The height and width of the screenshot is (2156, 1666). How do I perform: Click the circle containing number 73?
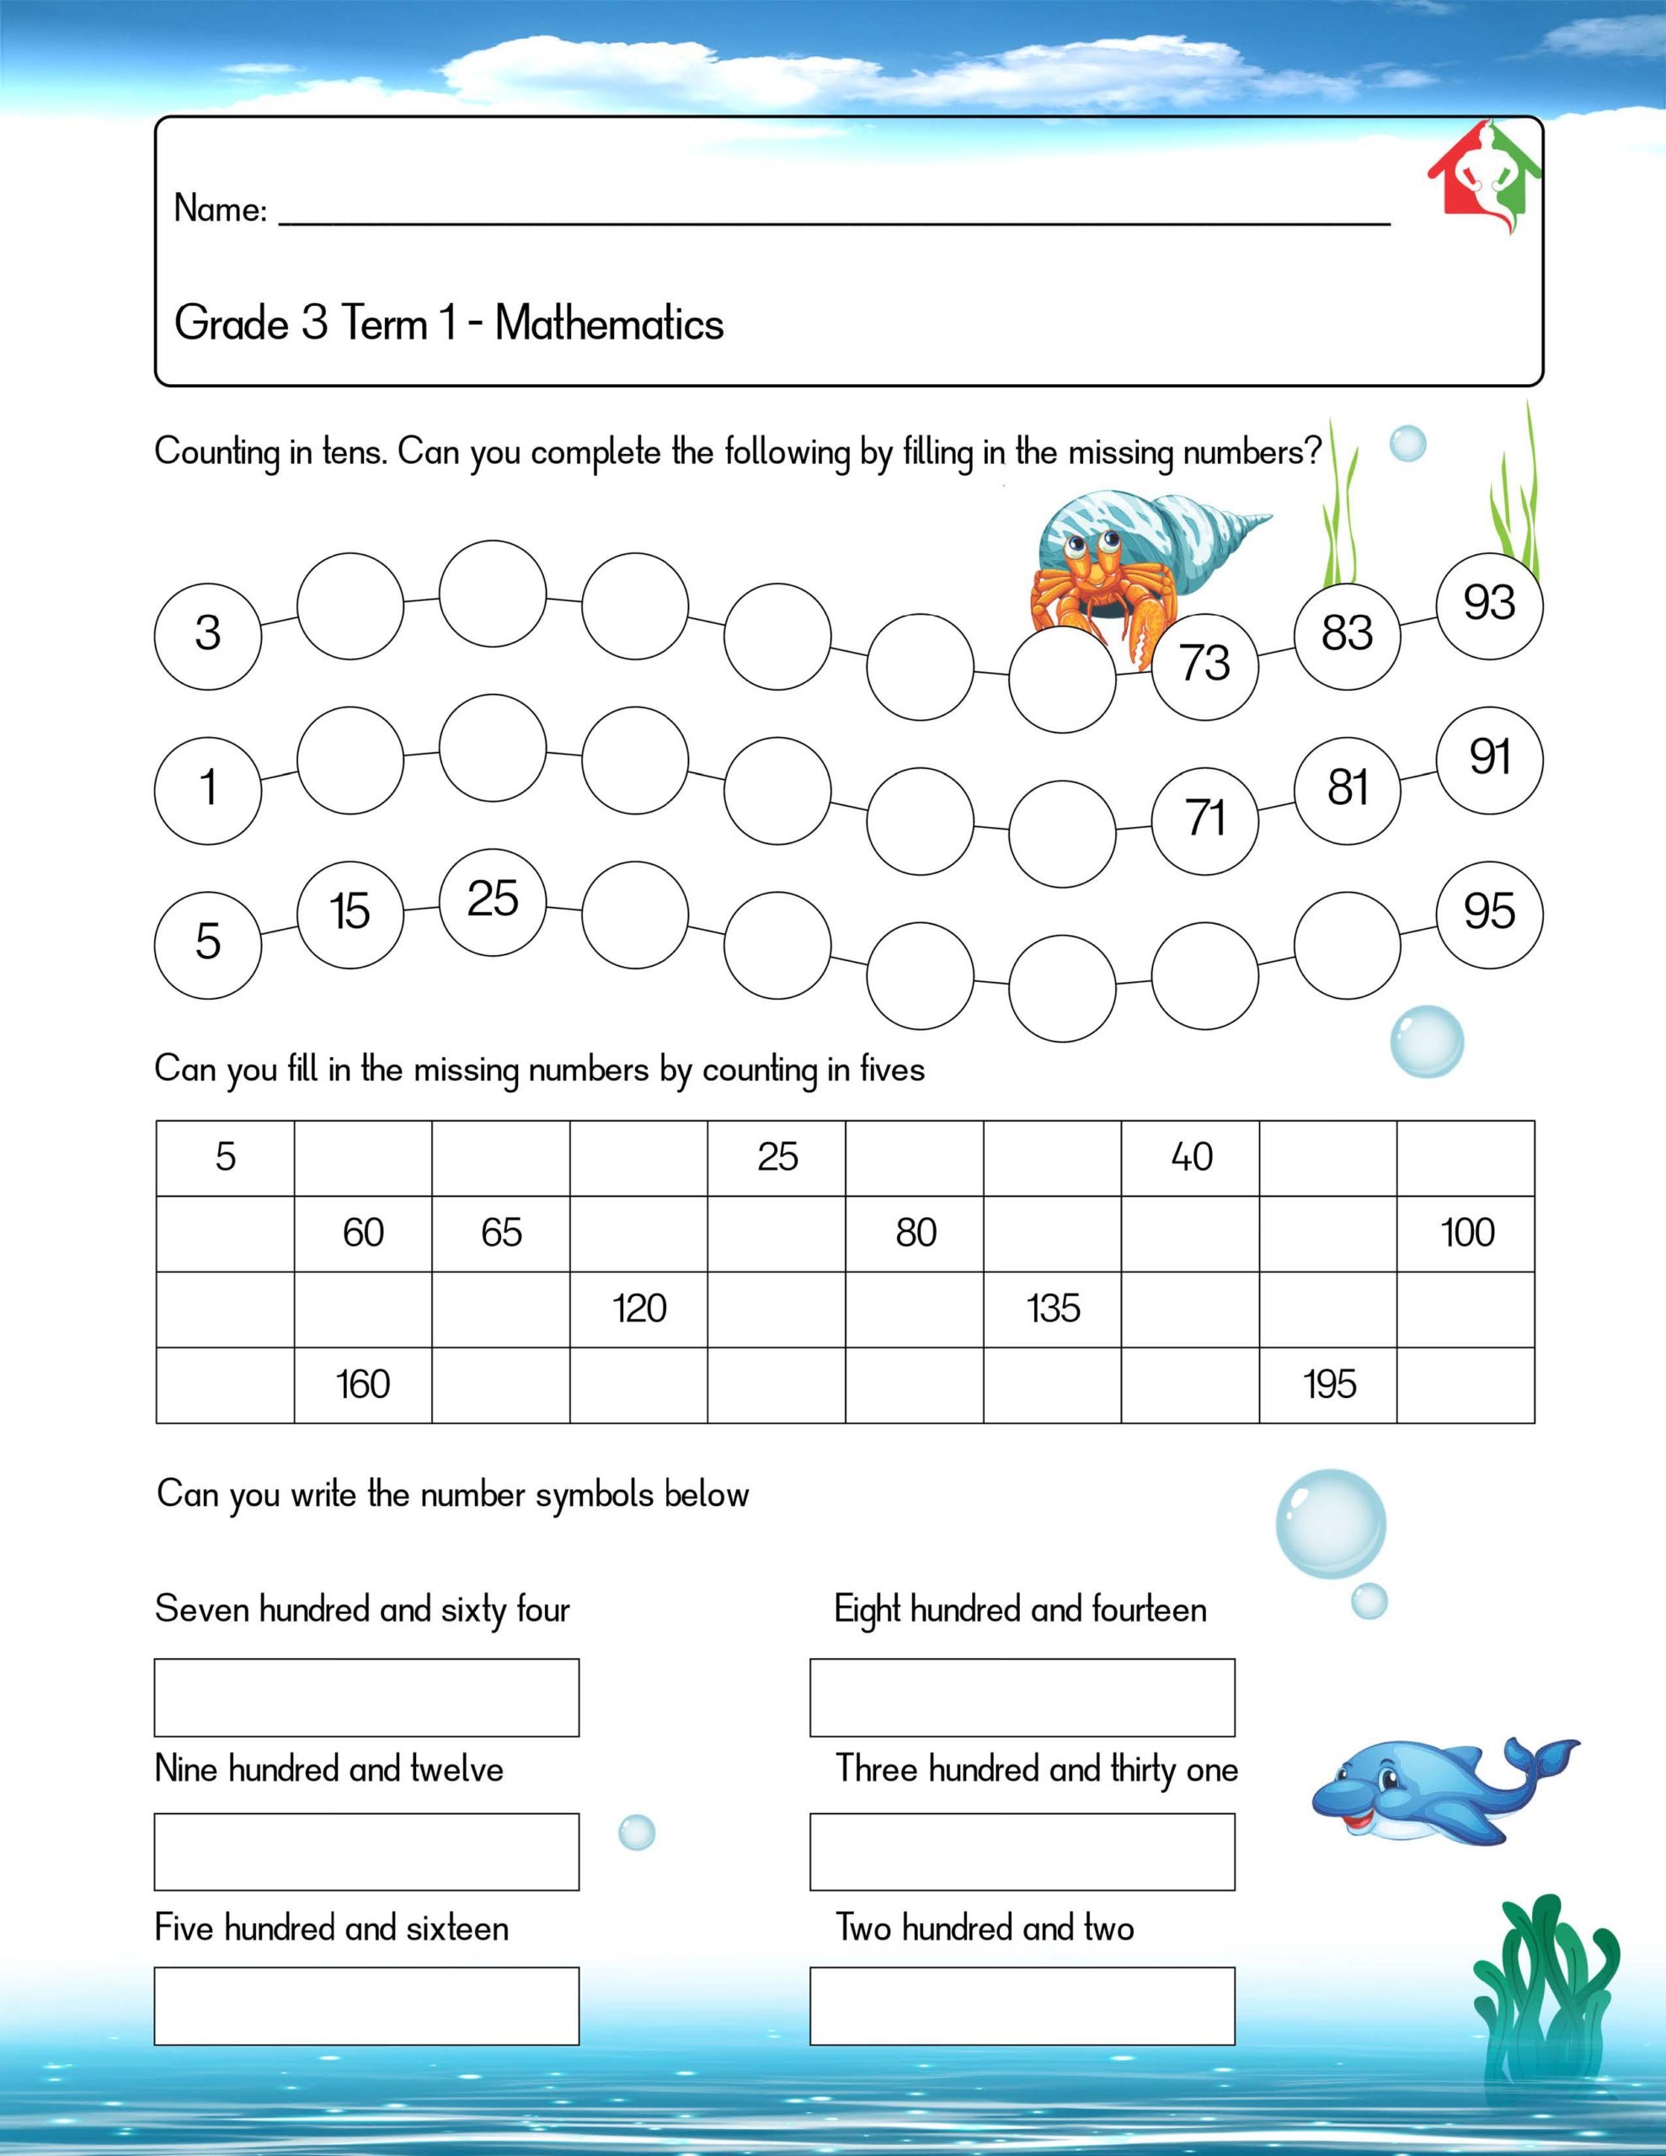pos(1204,663)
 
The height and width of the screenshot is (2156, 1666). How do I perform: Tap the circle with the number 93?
pos(1489,603)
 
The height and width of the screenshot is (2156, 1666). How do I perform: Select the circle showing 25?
pos(492,899)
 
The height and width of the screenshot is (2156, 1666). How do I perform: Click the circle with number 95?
pos(1489,911)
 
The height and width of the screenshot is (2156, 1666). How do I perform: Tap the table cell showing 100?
pos(1466,1233)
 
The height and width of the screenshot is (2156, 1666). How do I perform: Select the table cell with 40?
pos(1190,1157)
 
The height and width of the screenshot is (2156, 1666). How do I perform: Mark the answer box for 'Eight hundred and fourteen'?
pos(1023,1697)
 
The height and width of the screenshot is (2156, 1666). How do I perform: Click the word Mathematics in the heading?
pos(609,323)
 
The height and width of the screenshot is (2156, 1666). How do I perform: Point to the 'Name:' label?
pos(220,209)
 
